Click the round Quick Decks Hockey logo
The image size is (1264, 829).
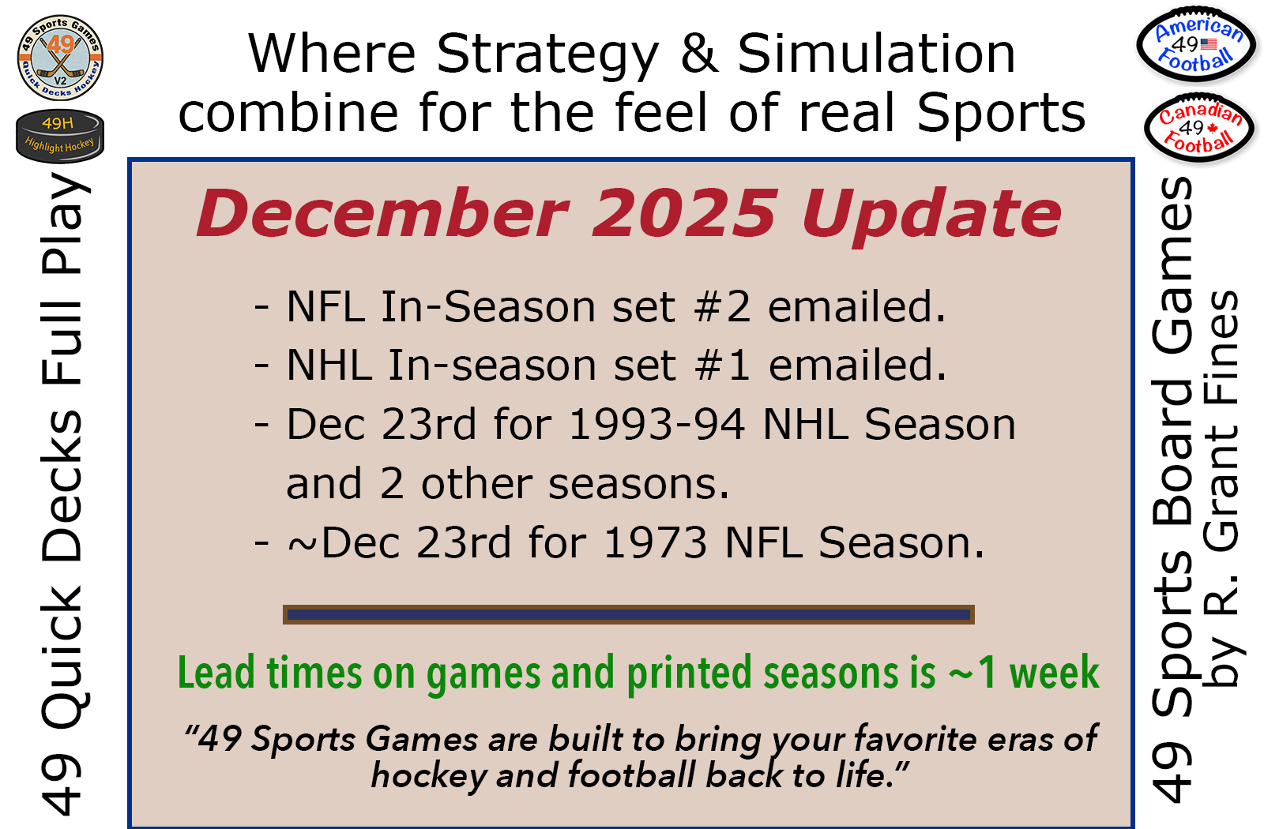tap(60, 58)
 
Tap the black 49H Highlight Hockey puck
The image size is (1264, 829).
tap(60, 135)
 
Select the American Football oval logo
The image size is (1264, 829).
tap(1196, 44)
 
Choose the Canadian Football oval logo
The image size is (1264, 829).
tap(1198, 128)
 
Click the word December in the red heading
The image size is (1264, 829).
tap(382, 214)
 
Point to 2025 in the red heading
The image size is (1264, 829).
tap(684, 214)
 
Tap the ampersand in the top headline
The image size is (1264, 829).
tap(700, 54)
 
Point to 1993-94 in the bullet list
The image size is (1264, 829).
tap(656, 424)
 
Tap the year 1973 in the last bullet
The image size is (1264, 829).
tap(655, 542)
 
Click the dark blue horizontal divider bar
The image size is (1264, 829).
tap(629, 615)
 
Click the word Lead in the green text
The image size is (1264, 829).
tap(216, 672)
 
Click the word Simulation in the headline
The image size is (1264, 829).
tap(876, 54)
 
